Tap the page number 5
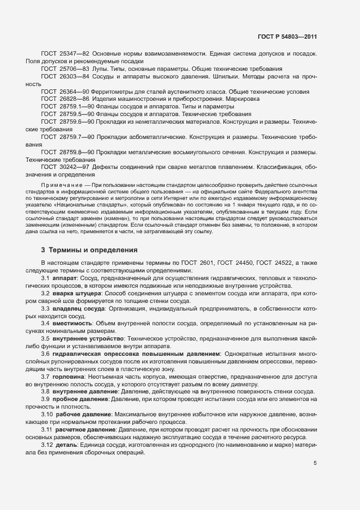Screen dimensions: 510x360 315,463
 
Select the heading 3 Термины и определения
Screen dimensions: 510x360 89,250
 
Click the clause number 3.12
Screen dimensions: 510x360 47,444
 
